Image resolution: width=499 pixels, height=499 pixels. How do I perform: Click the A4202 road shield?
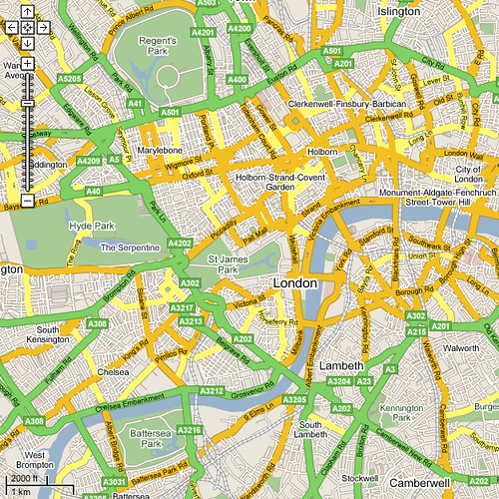pos(180,243)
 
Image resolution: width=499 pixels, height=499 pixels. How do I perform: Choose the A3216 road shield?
pos(190,430)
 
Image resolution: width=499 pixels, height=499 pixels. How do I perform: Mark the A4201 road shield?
pos(203,32)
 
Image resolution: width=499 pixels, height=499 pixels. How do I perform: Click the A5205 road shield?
pos(70,78)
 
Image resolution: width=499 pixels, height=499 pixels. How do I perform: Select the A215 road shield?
pos(417,330)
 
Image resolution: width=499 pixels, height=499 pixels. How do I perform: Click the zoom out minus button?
pos(28,201)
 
